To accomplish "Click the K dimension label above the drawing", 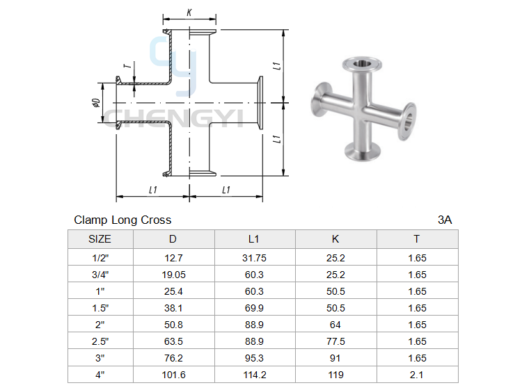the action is click(x=189, y=13).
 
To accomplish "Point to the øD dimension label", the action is click(x=96, y=103).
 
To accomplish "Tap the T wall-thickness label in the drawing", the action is click(x=127, y=66).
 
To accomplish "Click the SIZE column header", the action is click(x=100, y=239).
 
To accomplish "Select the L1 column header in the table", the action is click(x=253, y=239).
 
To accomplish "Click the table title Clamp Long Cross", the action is click(x=122, y=220).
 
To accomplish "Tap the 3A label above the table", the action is click(x=445, y=220).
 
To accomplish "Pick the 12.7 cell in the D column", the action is click(x=173, y=258).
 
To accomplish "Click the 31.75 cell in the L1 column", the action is click(x=254, y=258).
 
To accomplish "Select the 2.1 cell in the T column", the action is click(x=417, y=375).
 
